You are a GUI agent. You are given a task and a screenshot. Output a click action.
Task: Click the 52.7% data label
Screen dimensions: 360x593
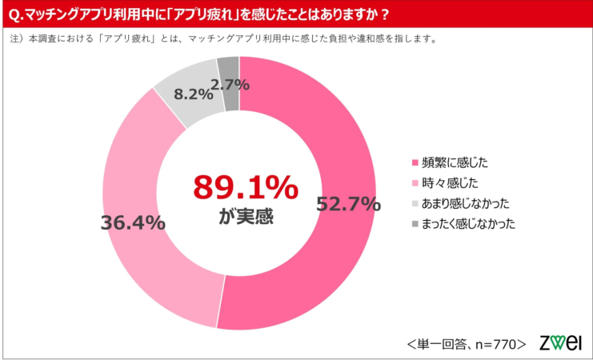coord(348,205)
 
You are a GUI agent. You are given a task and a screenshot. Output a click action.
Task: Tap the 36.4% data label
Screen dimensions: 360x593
coord(133,222)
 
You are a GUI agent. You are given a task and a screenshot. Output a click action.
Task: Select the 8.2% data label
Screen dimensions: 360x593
coord(193,94)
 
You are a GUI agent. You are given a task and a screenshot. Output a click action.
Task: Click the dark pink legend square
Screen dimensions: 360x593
coord(415,162)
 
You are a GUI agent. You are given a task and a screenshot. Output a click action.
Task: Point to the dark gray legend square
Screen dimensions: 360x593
coord(415,224)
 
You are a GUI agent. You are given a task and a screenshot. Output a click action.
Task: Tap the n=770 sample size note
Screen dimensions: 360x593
coord(499,344)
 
